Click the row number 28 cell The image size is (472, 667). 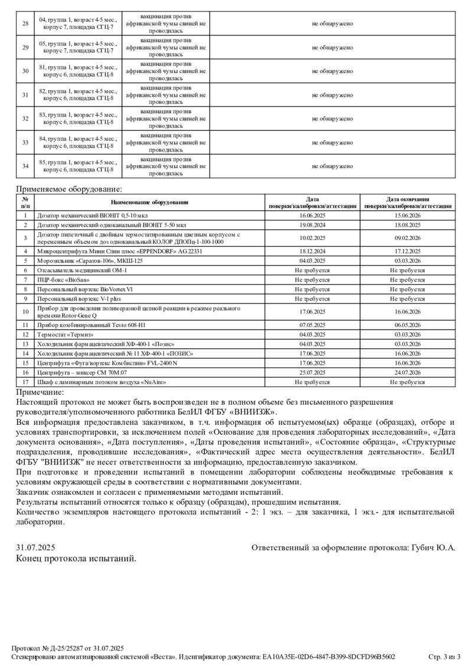25,23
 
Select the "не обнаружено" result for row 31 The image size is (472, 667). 332,94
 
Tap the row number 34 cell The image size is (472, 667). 25,166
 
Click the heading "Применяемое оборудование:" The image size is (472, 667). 68,189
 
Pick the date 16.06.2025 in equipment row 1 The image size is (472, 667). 313,216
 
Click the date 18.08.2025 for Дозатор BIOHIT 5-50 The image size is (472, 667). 408,224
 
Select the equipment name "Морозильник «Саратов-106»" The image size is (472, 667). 90,260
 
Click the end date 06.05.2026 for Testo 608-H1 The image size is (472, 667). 408,325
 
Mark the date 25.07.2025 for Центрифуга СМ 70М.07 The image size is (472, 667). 313,372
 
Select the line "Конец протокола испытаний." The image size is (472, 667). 76,558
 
